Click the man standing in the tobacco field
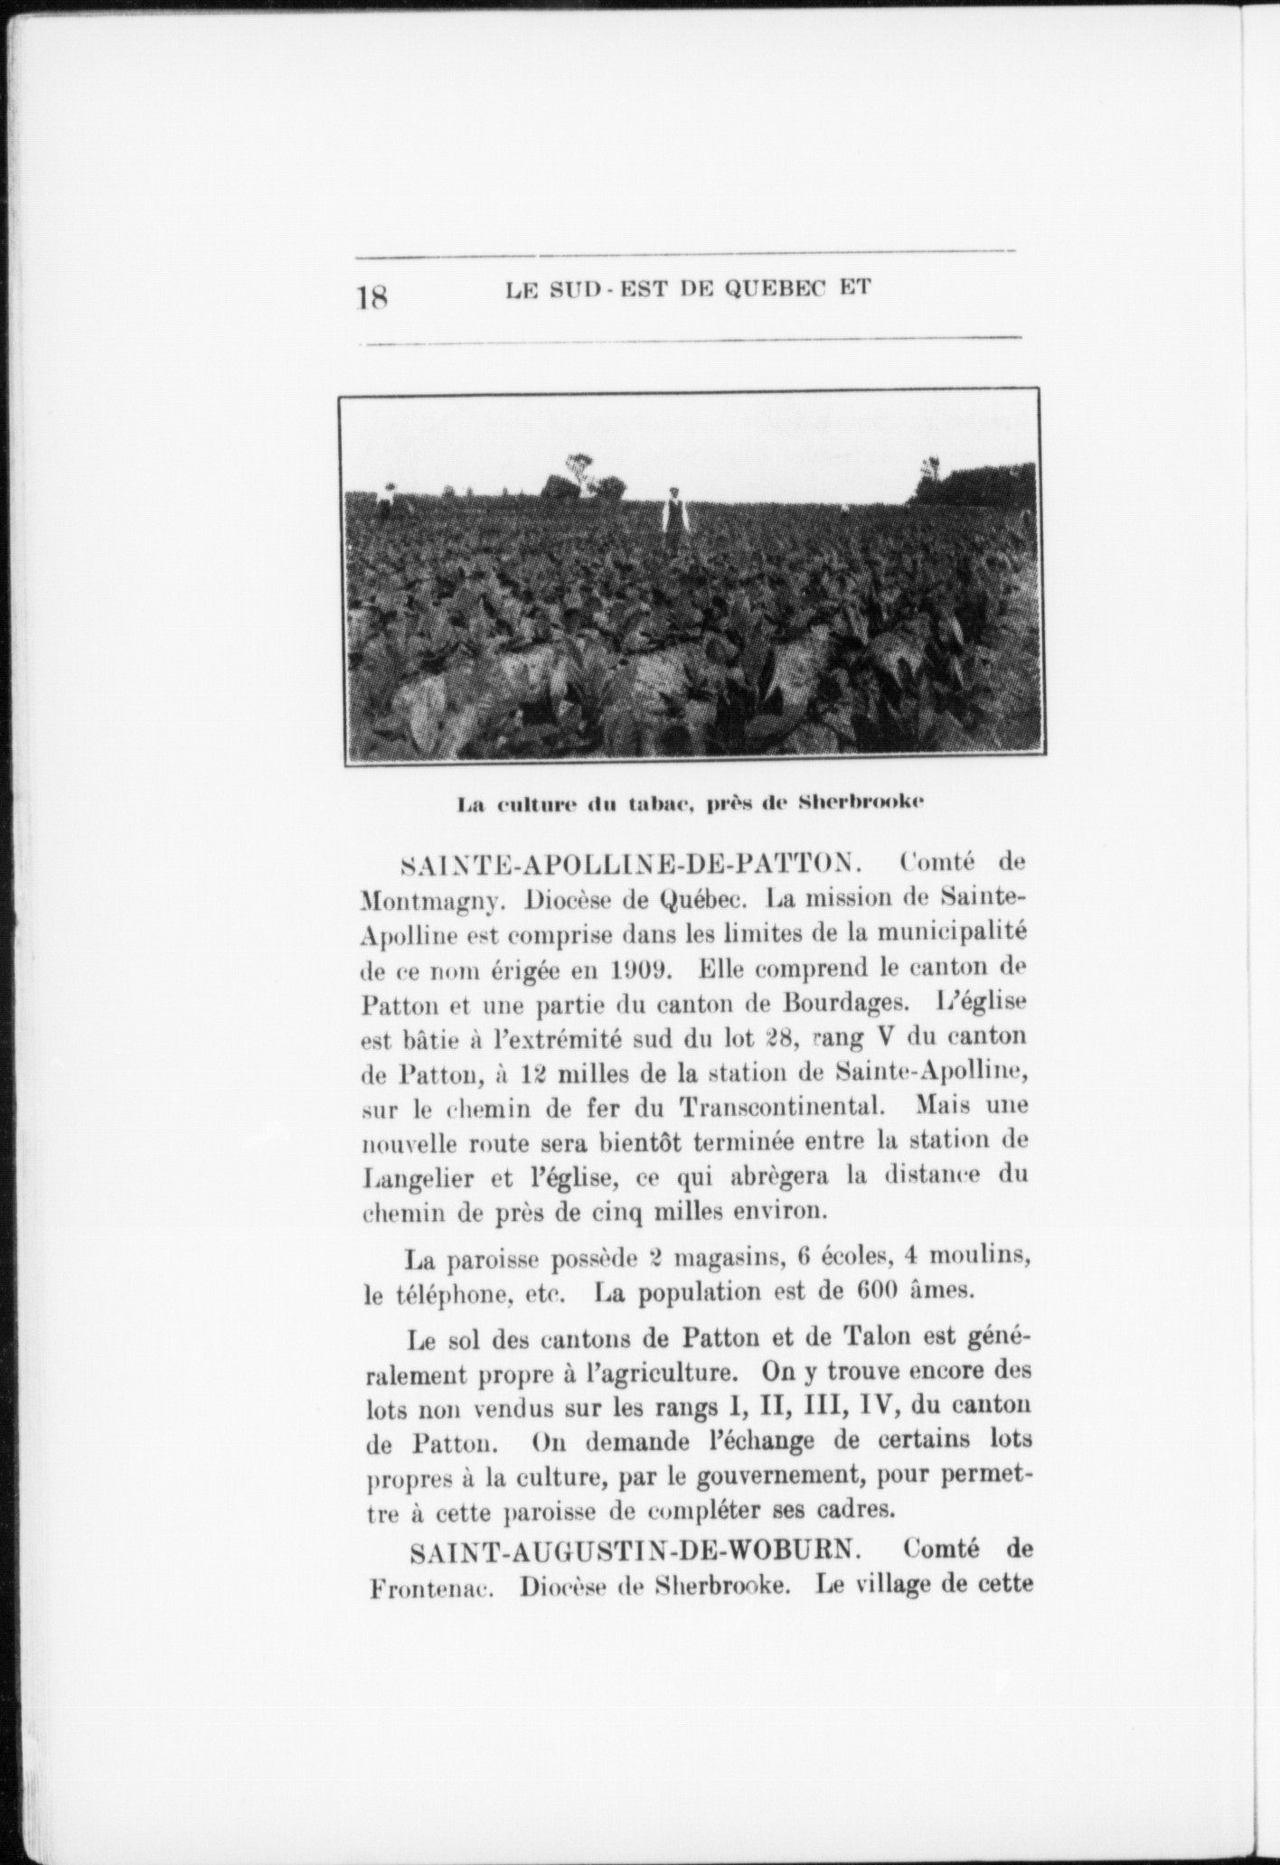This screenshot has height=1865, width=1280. [x=673, y=520]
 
